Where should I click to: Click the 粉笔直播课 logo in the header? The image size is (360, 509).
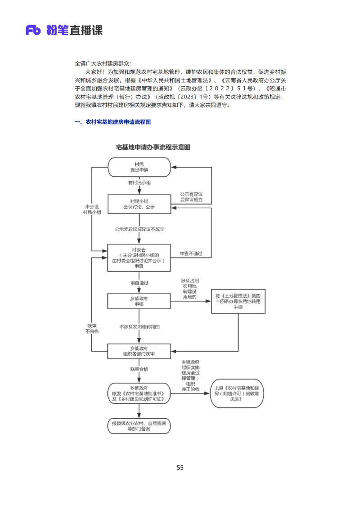64,30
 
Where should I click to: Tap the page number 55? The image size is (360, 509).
180,468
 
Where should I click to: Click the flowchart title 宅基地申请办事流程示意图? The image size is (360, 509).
153,147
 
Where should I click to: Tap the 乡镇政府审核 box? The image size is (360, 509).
139,301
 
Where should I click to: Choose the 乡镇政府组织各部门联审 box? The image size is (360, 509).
139,351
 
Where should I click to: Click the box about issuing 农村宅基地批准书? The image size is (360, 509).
139,393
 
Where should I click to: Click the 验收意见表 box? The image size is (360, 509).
237,393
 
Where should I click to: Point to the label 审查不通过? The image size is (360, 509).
191,254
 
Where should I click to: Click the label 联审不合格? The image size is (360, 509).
92,328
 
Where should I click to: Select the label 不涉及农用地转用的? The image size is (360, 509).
139,326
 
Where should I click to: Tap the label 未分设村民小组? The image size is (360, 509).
92,210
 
